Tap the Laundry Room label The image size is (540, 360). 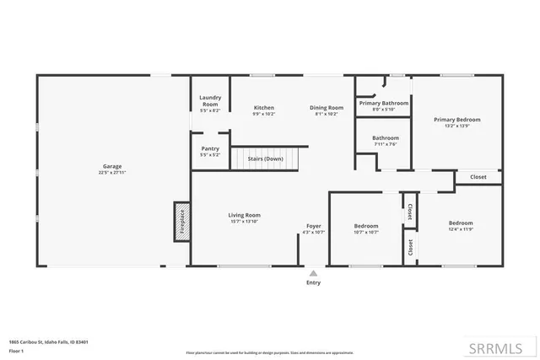(x=210, y=100)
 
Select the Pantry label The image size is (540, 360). (x=210, y=149)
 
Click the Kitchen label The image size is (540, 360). (x=264, y=107)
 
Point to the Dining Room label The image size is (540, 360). (x=326, y=107)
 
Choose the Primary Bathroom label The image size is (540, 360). (x=383, y=103)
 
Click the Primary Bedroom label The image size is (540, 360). (x=456, y=120)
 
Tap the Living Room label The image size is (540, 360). (x=244, y=215)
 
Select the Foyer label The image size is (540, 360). (x=313, y=226)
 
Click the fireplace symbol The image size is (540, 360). (x=181, y=222)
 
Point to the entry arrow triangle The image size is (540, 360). (x=313, y=272)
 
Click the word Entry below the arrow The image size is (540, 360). (x=313, y=283)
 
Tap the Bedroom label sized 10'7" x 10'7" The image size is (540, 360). (x=366, y=226)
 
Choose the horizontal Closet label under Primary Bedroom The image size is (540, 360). (x=478, y=177)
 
